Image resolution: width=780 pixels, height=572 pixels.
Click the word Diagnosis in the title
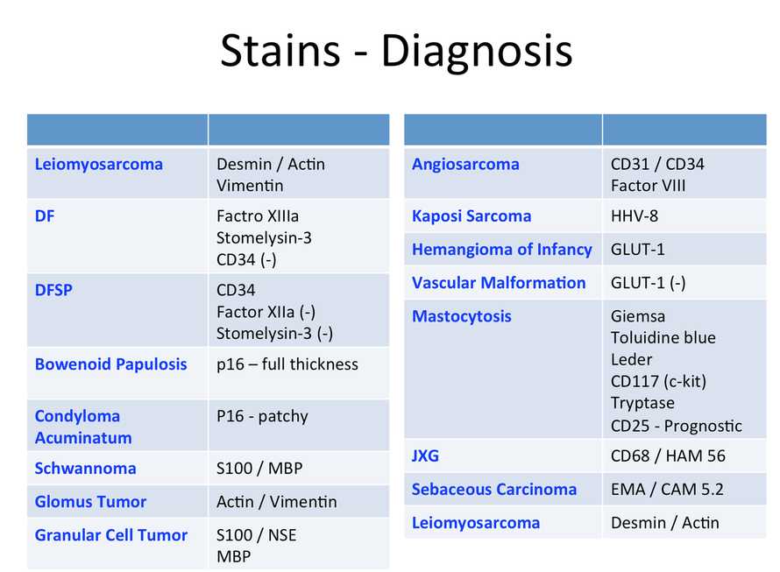tap(477, 51)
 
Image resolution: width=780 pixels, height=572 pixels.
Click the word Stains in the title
tap(280, 50)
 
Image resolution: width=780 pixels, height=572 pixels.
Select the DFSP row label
tap(53, 289)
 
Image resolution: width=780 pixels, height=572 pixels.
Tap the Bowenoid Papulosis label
tap(111, 364)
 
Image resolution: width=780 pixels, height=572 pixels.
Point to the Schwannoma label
tap(86, 468)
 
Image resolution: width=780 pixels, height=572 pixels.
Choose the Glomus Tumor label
tap(90, 501)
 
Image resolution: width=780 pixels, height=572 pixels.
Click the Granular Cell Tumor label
tap(111, 534)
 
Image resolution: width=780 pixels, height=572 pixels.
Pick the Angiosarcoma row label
tap(465, 165)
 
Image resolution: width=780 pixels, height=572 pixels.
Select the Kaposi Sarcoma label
tap(472, 215)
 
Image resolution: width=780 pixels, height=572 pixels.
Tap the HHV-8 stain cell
tap(635, 215)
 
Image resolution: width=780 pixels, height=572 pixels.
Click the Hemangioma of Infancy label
tap(502, 249)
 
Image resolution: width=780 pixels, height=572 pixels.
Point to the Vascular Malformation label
tap(499, 283)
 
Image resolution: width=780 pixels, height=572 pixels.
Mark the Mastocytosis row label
tap(462, 316)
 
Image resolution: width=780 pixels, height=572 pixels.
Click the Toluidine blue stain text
tap(663, 338)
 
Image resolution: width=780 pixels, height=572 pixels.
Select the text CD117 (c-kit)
tap(659, 382)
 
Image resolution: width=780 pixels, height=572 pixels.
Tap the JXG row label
tap(425, 455)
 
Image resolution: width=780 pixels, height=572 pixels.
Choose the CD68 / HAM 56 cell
tap(668, 455)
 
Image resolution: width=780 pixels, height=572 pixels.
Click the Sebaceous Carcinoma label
tap(494, 489)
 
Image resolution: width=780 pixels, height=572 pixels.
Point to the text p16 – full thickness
tap(287, 364)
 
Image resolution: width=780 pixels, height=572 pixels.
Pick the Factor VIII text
tap(649, 186)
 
